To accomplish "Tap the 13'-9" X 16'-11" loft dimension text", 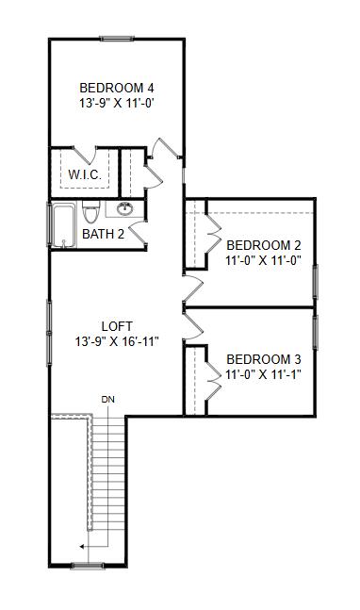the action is point(117,342).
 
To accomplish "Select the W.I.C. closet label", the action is point(85,174).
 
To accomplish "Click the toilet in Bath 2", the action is point(91,212).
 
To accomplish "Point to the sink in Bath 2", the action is point(124,209).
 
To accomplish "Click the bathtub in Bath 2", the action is point(63,225).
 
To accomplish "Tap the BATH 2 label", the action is point(104,234).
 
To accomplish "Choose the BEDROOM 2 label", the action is point(264,245).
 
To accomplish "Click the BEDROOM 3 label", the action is point(264,359).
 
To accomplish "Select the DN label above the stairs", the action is point(108,399).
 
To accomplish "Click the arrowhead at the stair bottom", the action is point(82,547).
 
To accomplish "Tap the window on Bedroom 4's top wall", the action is point(117,39).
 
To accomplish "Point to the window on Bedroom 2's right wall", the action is point(316,282).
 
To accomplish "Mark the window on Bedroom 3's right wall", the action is point(316,332).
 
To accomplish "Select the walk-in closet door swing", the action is point(85,155).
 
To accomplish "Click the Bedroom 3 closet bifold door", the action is point(213,381).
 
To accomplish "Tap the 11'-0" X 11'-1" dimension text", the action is point(264,374).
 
